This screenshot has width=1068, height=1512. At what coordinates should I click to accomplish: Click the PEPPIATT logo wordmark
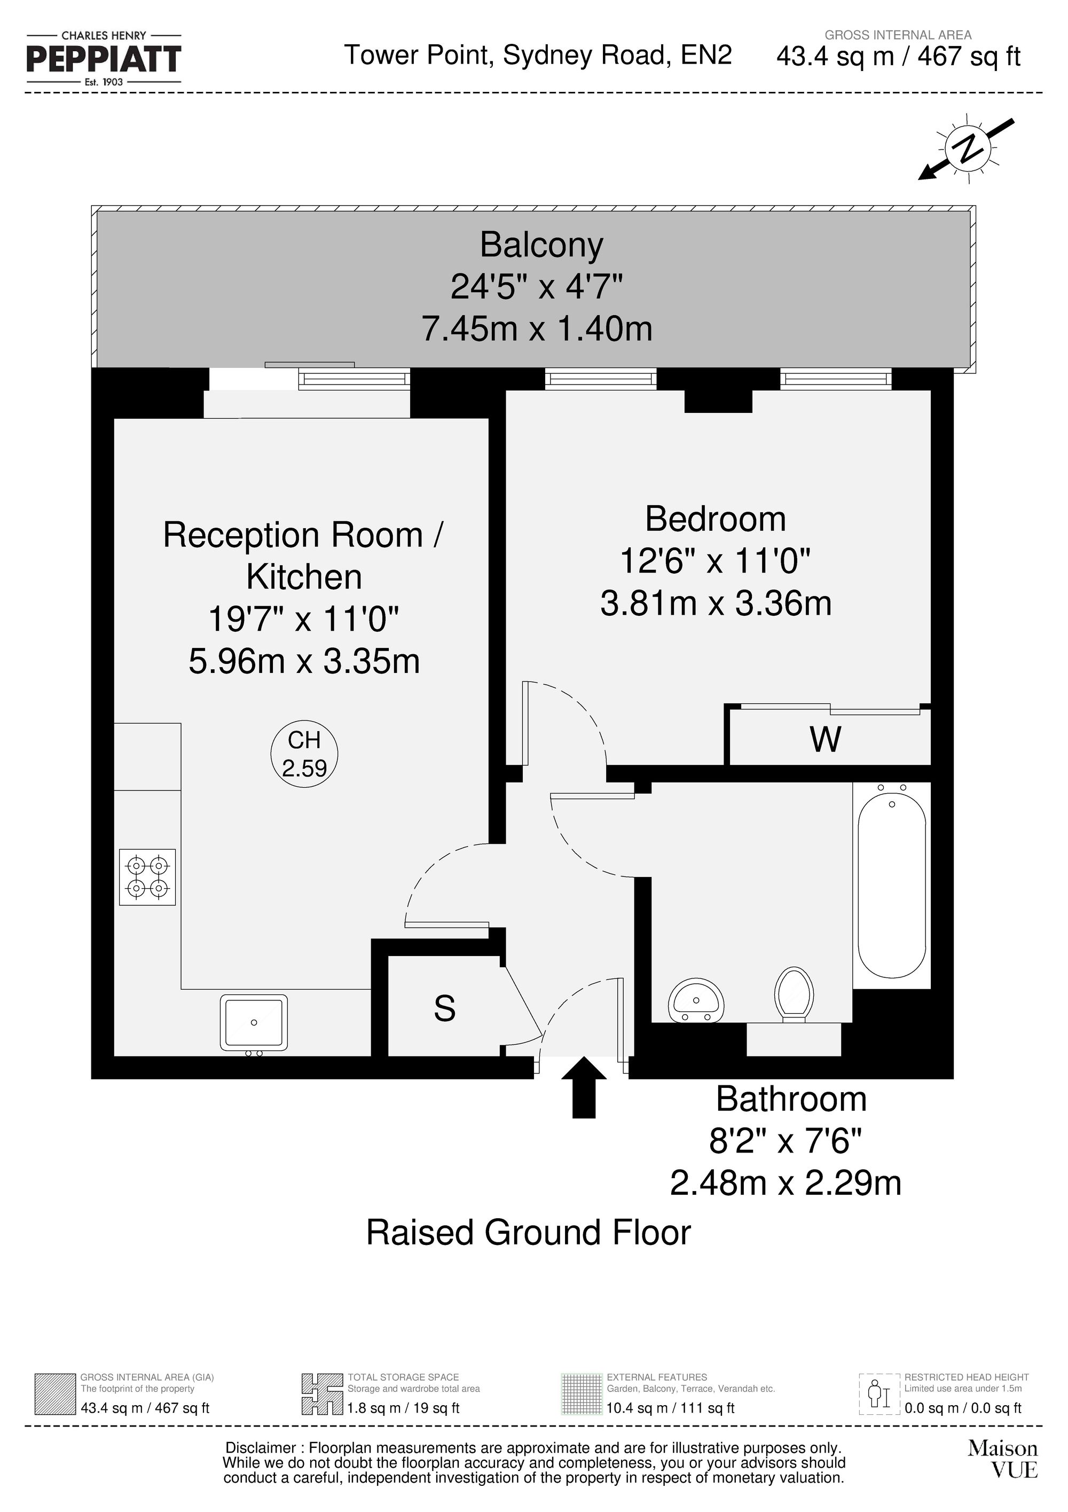click(104, 59)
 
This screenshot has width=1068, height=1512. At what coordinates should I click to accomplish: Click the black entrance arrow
click(583, 1087)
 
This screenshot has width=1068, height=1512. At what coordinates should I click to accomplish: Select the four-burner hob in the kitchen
click(147, 876)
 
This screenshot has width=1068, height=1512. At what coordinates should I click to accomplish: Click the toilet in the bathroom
click(794, 994)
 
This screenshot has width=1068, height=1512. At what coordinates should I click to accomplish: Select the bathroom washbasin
click(696, 1000)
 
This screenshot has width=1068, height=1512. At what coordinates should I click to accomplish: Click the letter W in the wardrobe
click(825, 739)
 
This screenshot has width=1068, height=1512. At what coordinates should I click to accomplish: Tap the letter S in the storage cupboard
click(444, 1008)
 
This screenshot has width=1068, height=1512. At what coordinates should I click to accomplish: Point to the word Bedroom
click(715, 519)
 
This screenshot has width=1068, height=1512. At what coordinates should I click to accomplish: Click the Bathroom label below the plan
click(791, 1099)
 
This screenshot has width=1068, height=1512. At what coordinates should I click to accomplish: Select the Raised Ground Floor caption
click(528, 1233)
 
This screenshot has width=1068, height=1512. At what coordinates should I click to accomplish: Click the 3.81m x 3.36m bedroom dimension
click(715, 603)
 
